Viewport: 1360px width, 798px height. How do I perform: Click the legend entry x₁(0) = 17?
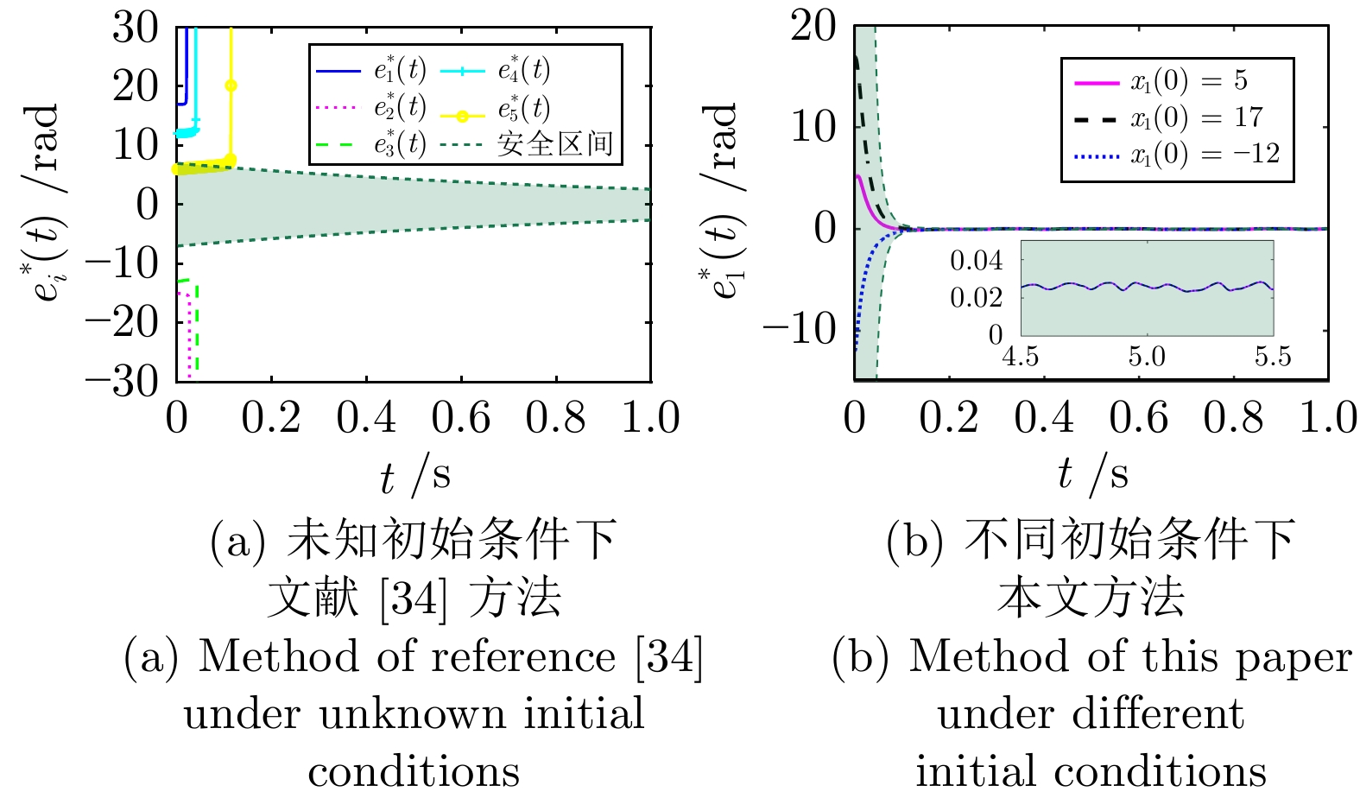pos(1197,117)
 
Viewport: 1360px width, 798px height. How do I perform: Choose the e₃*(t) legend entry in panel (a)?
pos(400,143)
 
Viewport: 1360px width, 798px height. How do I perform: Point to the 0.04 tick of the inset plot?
pos(977,261)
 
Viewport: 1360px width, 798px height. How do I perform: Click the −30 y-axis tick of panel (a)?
pos(123,380)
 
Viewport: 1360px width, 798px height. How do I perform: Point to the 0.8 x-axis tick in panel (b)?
pos(1233,418)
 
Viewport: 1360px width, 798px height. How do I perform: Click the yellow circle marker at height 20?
pos(231,85)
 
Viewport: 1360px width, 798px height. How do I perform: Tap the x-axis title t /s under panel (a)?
pos(414,476)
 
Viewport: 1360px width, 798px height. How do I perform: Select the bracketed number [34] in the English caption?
pos(669,657)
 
